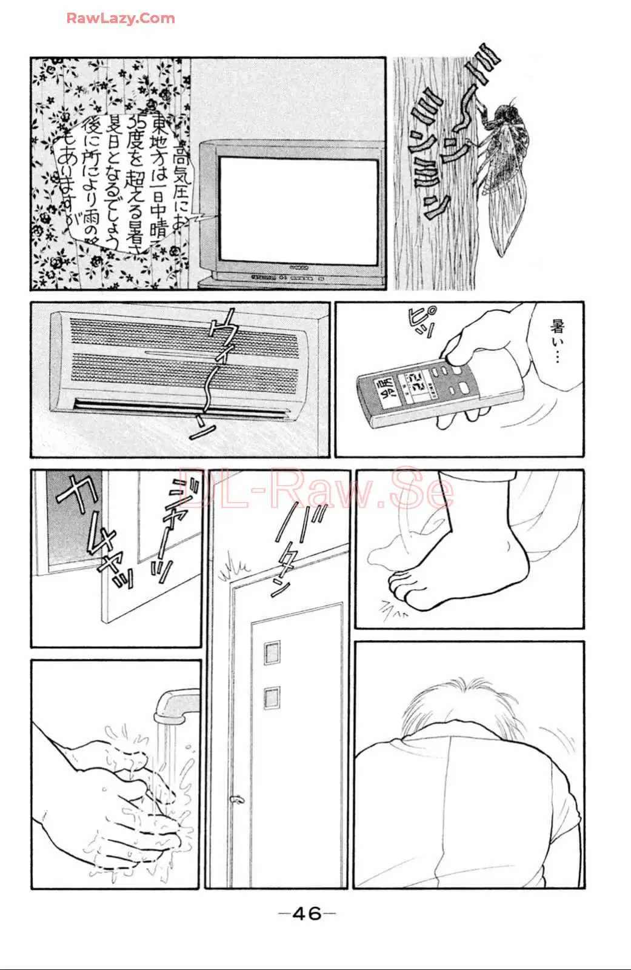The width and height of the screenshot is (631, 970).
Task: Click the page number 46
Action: point(307,913)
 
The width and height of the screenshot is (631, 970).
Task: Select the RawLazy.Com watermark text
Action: point(121,18)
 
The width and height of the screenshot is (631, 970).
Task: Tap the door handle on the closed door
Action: point(236,800)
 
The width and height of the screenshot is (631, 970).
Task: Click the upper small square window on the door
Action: point(272,652)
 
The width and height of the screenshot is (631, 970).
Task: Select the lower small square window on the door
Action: point(272,697)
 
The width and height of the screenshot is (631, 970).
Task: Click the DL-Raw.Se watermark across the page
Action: point(315,488)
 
